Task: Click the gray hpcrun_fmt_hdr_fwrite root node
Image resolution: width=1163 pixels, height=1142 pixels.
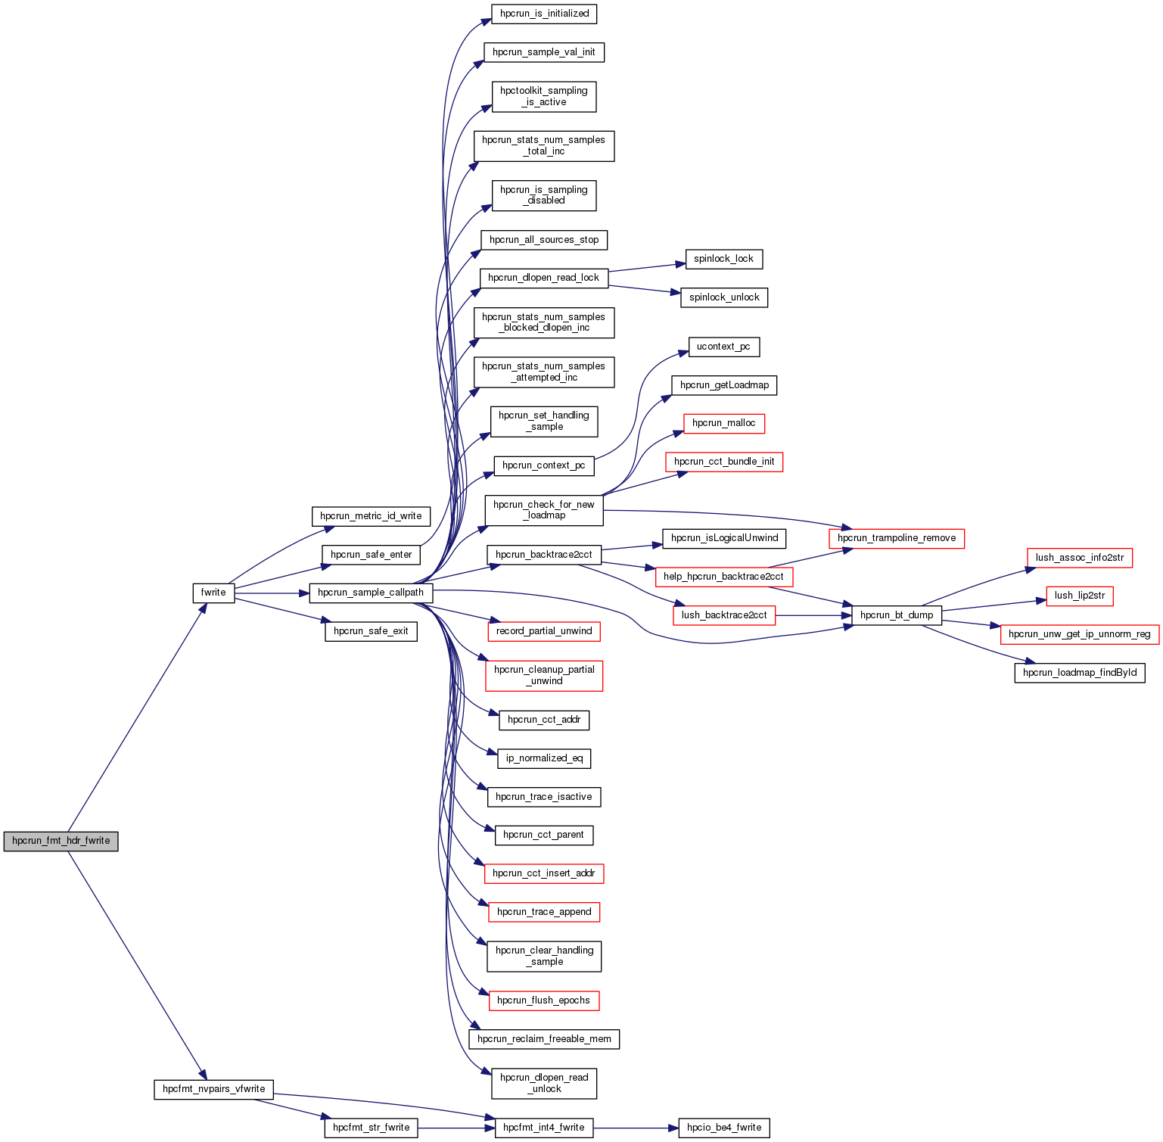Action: (x=61, y=841)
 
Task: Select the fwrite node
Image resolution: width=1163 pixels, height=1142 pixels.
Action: (x=213, y=593)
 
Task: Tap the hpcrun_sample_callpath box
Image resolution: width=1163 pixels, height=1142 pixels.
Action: (x=371, y=593)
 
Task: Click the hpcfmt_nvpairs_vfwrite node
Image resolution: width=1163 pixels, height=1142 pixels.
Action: (x=213, y=1089)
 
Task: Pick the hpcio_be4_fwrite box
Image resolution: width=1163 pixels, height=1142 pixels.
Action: (x=724, y=1128)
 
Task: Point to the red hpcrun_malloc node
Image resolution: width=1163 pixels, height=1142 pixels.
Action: (x=723, y=423)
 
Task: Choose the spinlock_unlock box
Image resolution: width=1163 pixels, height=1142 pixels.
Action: (x=724, y=297)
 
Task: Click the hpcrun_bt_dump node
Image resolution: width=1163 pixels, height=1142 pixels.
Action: (x=897, y=615)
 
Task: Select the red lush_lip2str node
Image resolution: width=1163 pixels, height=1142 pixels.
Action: (x=1080, y=596)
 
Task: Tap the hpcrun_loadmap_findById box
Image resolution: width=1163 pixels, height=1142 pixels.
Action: (x=1080, y=673)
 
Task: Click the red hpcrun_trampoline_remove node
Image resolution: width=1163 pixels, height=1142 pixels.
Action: (x=897, y=538)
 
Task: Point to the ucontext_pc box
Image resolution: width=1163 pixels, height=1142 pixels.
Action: (x=723, y=347)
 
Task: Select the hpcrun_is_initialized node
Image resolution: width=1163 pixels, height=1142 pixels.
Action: (x=544, y=14)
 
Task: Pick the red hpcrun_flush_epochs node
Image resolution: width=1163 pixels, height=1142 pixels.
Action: (x=543, y=1000)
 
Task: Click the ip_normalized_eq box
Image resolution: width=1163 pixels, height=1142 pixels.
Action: (x=544, y=758)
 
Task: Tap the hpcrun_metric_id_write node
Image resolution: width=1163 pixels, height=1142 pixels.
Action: (x=371, y=516)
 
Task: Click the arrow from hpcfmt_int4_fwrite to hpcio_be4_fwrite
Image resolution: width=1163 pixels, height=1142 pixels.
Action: (x=636, y=1128)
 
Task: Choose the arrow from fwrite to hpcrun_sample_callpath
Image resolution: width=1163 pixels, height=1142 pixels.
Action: (x=272, y=593)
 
